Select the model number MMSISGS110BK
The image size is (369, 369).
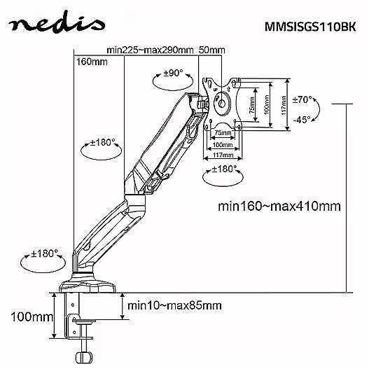point(310,27)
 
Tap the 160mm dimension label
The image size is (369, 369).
point(92,62)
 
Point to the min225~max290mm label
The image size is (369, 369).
point(150,50)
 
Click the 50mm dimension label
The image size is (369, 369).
point(212,50)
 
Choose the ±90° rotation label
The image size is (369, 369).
point(173,74)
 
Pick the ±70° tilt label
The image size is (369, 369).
point(302,100)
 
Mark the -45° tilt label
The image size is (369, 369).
point(302,120)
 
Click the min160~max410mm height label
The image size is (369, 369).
point(279,206)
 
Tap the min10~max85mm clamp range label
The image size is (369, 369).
point(174,305)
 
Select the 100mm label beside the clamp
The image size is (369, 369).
point(32,316)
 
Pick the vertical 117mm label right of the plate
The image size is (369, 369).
point(284,105)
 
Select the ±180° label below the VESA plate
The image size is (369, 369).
point(224,169)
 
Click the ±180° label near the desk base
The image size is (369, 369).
point(44,253)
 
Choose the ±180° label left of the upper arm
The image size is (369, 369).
point(103,142)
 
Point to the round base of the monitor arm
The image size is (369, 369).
point(88,284)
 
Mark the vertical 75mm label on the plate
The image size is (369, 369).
point(251,105)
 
